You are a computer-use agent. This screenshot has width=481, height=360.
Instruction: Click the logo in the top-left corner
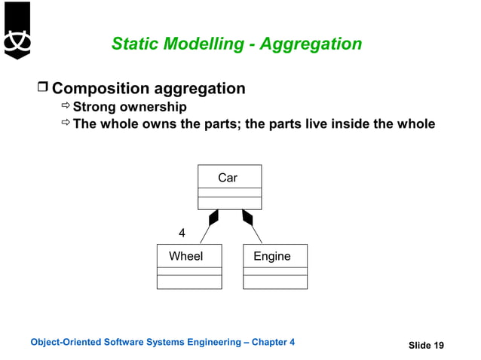tap(17, 30)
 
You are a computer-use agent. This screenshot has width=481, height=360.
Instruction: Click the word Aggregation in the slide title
tap(311, 44)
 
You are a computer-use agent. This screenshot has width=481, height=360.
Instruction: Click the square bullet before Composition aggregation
tap(42, 89)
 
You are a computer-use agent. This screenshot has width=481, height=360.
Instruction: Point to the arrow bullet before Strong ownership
tap(66, 107)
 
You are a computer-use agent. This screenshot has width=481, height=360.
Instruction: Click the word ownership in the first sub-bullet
tap(153, 107)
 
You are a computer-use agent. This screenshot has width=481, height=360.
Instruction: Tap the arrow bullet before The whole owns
tap(66, 124)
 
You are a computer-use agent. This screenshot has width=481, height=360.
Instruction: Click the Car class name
tap(228, 178)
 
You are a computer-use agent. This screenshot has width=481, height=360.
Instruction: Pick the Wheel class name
tap(185, 256)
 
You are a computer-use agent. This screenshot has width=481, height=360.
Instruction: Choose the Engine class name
tap(272, 256)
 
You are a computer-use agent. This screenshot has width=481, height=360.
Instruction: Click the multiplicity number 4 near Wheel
tap(181, 233)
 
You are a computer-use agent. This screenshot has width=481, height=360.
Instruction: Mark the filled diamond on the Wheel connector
tap(214, 217)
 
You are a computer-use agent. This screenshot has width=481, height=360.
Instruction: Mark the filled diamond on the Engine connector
tap(247, 217)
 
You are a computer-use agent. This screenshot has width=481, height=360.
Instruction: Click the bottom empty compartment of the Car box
tap(229, 203)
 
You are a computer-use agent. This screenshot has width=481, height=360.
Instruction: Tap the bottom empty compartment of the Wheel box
tap(189, 282)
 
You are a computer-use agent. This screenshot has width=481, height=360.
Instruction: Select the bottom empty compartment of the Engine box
tap(275, 282)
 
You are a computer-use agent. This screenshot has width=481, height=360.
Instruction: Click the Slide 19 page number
tap(426, 345)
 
